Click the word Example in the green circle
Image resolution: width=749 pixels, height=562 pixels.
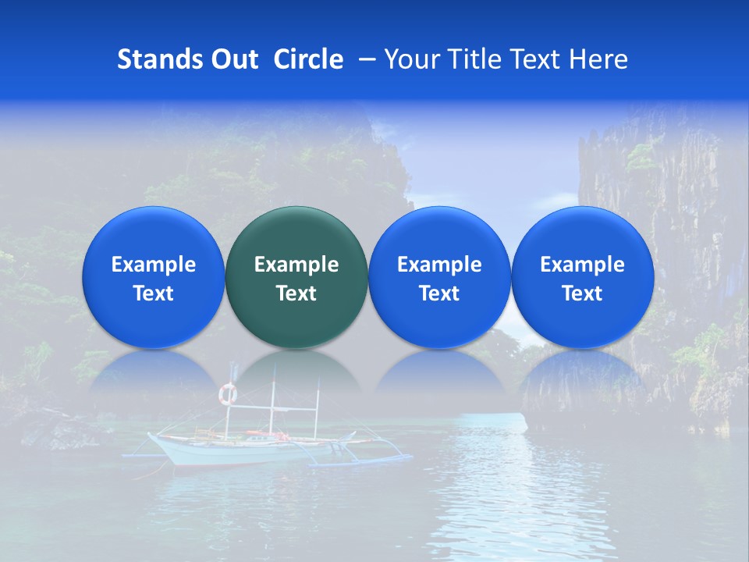296,265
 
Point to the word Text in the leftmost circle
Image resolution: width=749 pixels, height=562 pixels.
154,293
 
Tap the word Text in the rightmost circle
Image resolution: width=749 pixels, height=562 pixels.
583,293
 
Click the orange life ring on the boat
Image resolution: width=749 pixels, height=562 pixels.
228,394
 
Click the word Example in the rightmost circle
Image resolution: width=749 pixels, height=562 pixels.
583,265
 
